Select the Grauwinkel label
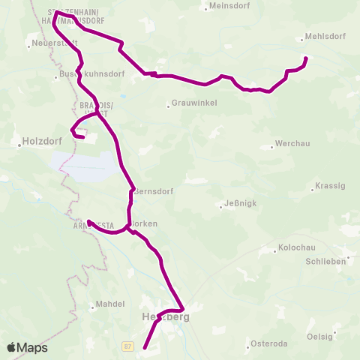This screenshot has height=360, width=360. point(194,103)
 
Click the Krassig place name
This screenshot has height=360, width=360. point(330,184)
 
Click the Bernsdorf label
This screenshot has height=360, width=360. point(155,191)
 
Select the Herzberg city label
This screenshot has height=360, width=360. point(166,317)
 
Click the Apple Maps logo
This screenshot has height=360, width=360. point(27,347)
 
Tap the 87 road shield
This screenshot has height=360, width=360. point(128,346)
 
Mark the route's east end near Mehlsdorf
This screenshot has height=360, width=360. point(305,58)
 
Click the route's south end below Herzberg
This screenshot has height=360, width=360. point(144,347)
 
